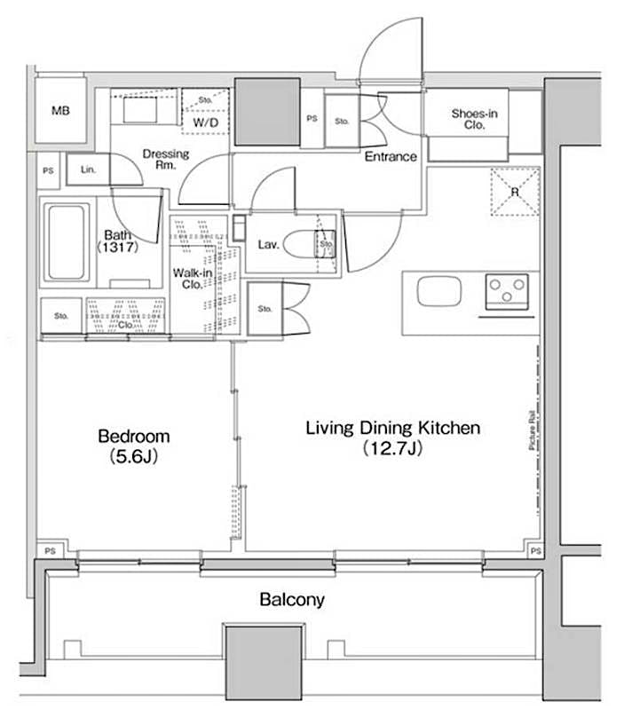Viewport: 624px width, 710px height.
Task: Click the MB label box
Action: (60, 112)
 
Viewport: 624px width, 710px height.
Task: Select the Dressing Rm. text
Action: (165, 159)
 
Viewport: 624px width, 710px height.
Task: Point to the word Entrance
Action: (391, 157)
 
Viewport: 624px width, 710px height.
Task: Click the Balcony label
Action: (291, 599)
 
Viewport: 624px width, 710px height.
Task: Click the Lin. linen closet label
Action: (87, 170)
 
